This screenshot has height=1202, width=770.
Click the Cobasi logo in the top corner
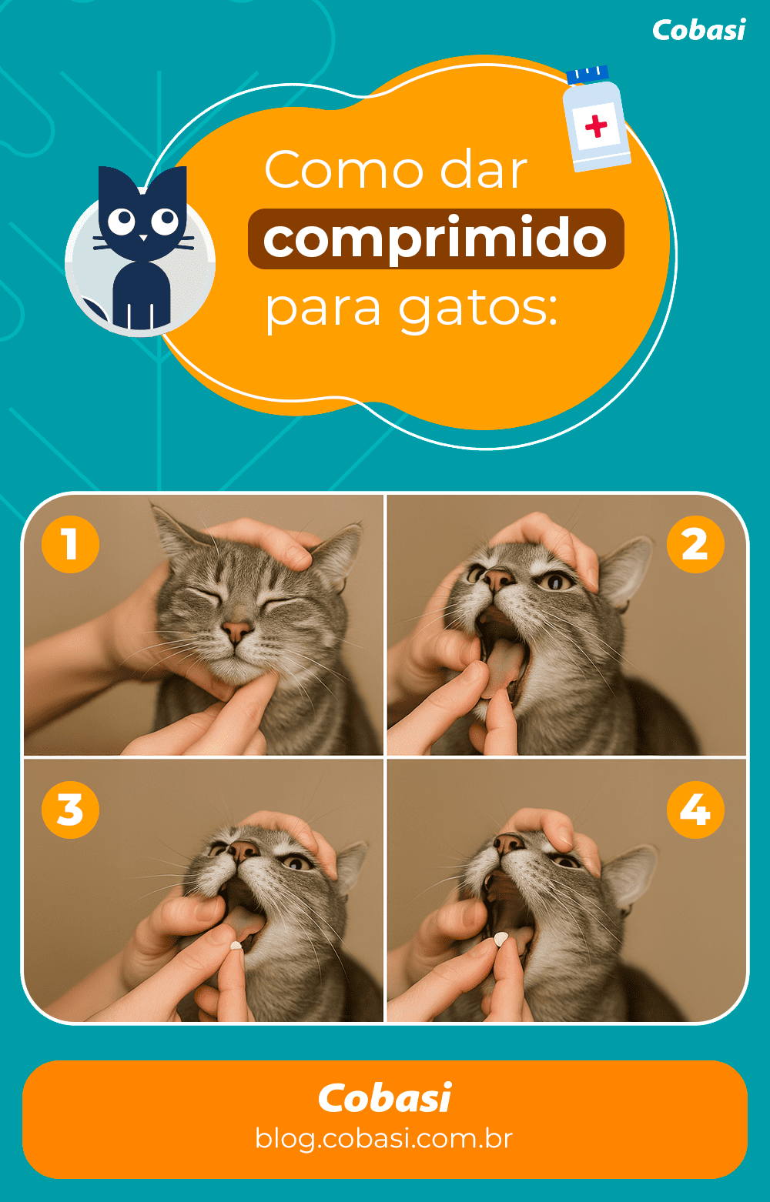coord(698,30)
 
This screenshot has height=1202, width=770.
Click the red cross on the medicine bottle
coord(596,125)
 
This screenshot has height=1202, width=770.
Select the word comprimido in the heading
coord(435,239)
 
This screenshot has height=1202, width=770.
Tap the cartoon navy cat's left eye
coord(121,222)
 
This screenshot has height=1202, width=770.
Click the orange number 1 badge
coord(71,544)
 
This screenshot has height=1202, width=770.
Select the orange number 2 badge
coord(695,544)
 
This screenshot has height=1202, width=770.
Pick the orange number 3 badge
coord(71,810)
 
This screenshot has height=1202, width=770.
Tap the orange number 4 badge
coord(695,810)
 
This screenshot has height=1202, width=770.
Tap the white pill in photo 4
coord(501,939)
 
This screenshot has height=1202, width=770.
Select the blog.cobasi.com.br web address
coord(383,1138)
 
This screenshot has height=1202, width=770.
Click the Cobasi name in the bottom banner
coord(383,1098)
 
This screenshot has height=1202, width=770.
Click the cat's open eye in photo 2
coord(556,582)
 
